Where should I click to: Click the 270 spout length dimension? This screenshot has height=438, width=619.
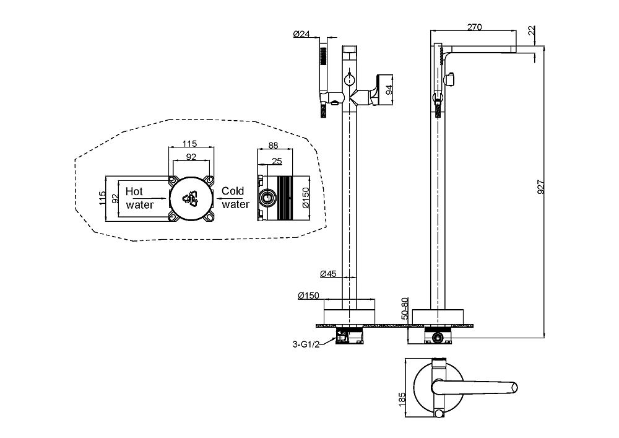[474, 27]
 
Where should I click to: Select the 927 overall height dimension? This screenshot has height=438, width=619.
[540, 187]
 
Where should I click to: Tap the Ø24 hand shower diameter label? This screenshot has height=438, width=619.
[301, 34]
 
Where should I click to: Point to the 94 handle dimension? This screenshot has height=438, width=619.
[389, 90]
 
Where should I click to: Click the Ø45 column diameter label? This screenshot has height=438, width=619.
[328, 273]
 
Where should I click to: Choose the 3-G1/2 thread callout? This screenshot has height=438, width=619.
[305, 344]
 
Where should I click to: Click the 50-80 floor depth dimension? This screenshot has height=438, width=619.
[404, 309]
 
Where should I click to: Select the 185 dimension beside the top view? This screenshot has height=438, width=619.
[402, 400]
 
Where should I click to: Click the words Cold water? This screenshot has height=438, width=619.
[235, 198]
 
